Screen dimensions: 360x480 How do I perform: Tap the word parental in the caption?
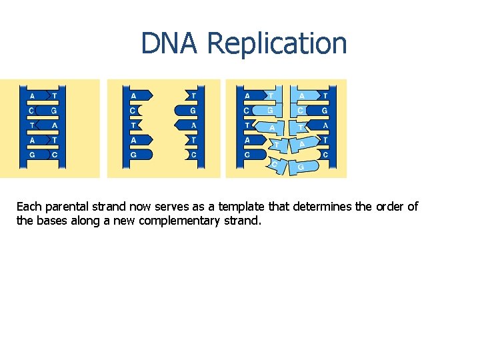(x=71, y=207)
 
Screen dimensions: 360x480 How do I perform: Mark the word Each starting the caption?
(x=29, y=207)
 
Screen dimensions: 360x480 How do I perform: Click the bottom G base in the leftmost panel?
(x=32, y=154)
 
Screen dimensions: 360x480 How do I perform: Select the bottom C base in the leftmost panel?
(x=54, y=154)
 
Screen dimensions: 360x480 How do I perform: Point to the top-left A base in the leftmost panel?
(x=32, y=95)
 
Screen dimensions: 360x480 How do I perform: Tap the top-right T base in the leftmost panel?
(x=54, y=95)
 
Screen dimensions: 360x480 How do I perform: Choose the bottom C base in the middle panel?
(x=192, y=154)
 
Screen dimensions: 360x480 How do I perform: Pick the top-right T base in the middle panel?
(x=193, y=95)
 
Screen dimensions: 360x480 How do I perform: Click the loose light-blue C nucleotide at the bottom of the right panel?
(x=275, y=165)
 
